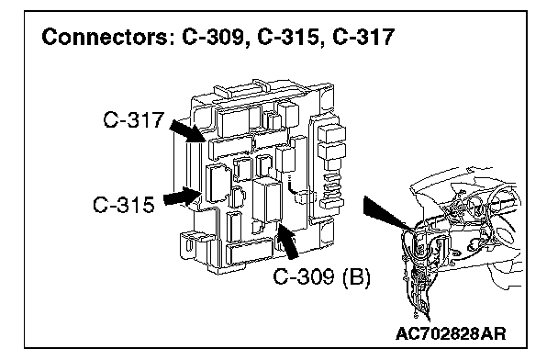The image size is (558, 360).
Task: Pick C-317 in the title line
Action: [x=363, y=37]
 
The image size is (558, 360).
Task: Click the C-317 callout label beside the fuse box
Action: [x=133, y=119]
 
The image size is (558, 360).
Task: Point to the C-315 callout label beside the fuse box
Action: [x=124, y=205]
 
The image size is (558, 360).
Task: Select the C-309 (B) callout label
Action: [x=322, y=276]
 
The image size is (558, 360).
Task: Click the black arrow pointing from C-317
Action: [x=187, y=130]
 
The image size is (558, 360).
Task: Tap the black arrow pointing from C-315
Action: [x=183, y=197]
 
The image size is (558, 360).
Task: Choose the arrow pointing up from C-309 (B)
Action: [x=287, y=241]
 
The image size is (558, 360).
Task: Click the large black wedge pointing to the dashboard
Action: [x=386, y=212]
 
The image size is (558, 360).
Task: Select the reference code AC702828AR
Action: [x=451, y=333]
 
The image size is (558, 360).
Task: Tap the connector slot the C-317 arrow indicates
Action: [x=230, y=145]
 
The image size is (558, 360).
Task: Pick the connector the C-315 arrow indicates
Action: [x=218, y=186]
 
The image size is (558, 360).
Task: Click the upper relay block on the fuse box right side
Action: [x=331, y=133]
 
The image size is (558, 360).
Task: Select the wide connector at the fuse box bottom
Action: [x=249, y=252]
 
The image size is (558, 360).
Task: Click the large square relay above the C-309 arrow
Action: [x=267, y=199]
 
